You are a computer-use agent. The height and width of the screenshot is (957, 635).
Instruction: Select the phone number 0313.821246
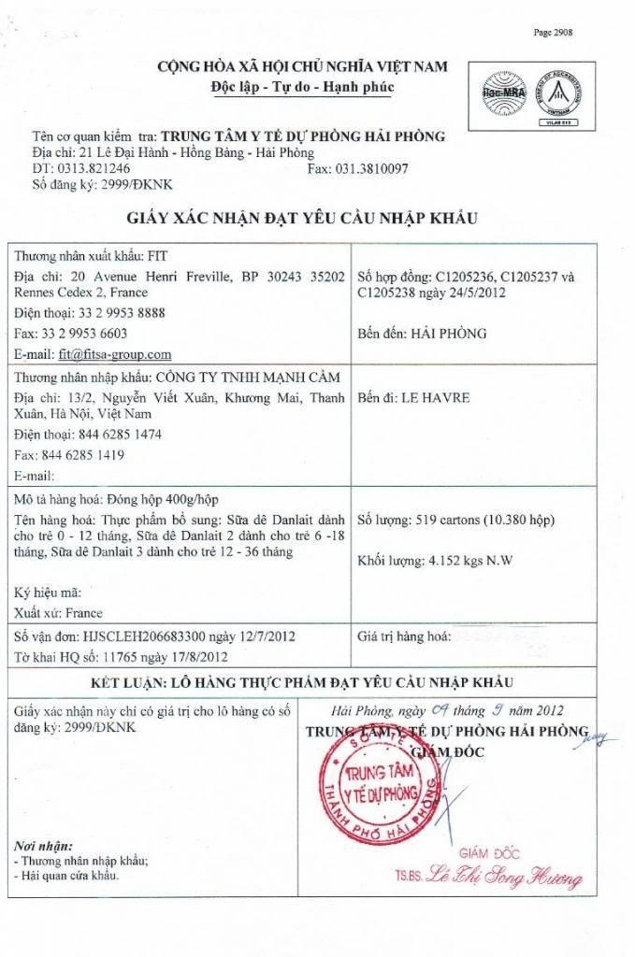(x=92, y=168)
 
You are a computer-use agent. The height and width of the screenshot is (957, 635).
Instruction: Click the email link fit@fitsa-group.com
(x=115, y=354)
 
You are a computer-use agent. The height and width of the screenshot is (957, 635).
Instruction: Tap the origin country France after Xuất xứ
(x=85, y=613)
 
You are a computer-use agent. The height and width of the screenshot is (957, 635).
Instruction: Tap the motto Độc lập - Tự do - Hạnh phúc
(x=303, y=87)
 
